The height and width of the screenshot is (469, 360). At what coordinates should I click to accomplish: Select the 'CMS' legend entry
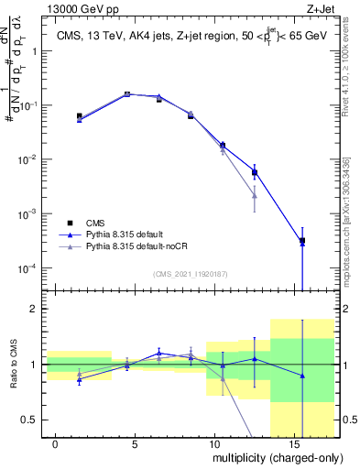95,223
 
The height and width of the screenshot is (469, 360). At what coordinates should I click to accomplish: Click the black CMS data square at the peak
127,94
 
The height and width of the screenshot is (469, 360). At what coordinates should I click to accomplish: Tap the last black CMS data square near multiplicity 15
302,241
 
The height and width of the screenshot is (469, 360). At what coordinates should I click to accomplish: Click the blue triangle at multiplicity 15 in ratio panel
302,376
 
